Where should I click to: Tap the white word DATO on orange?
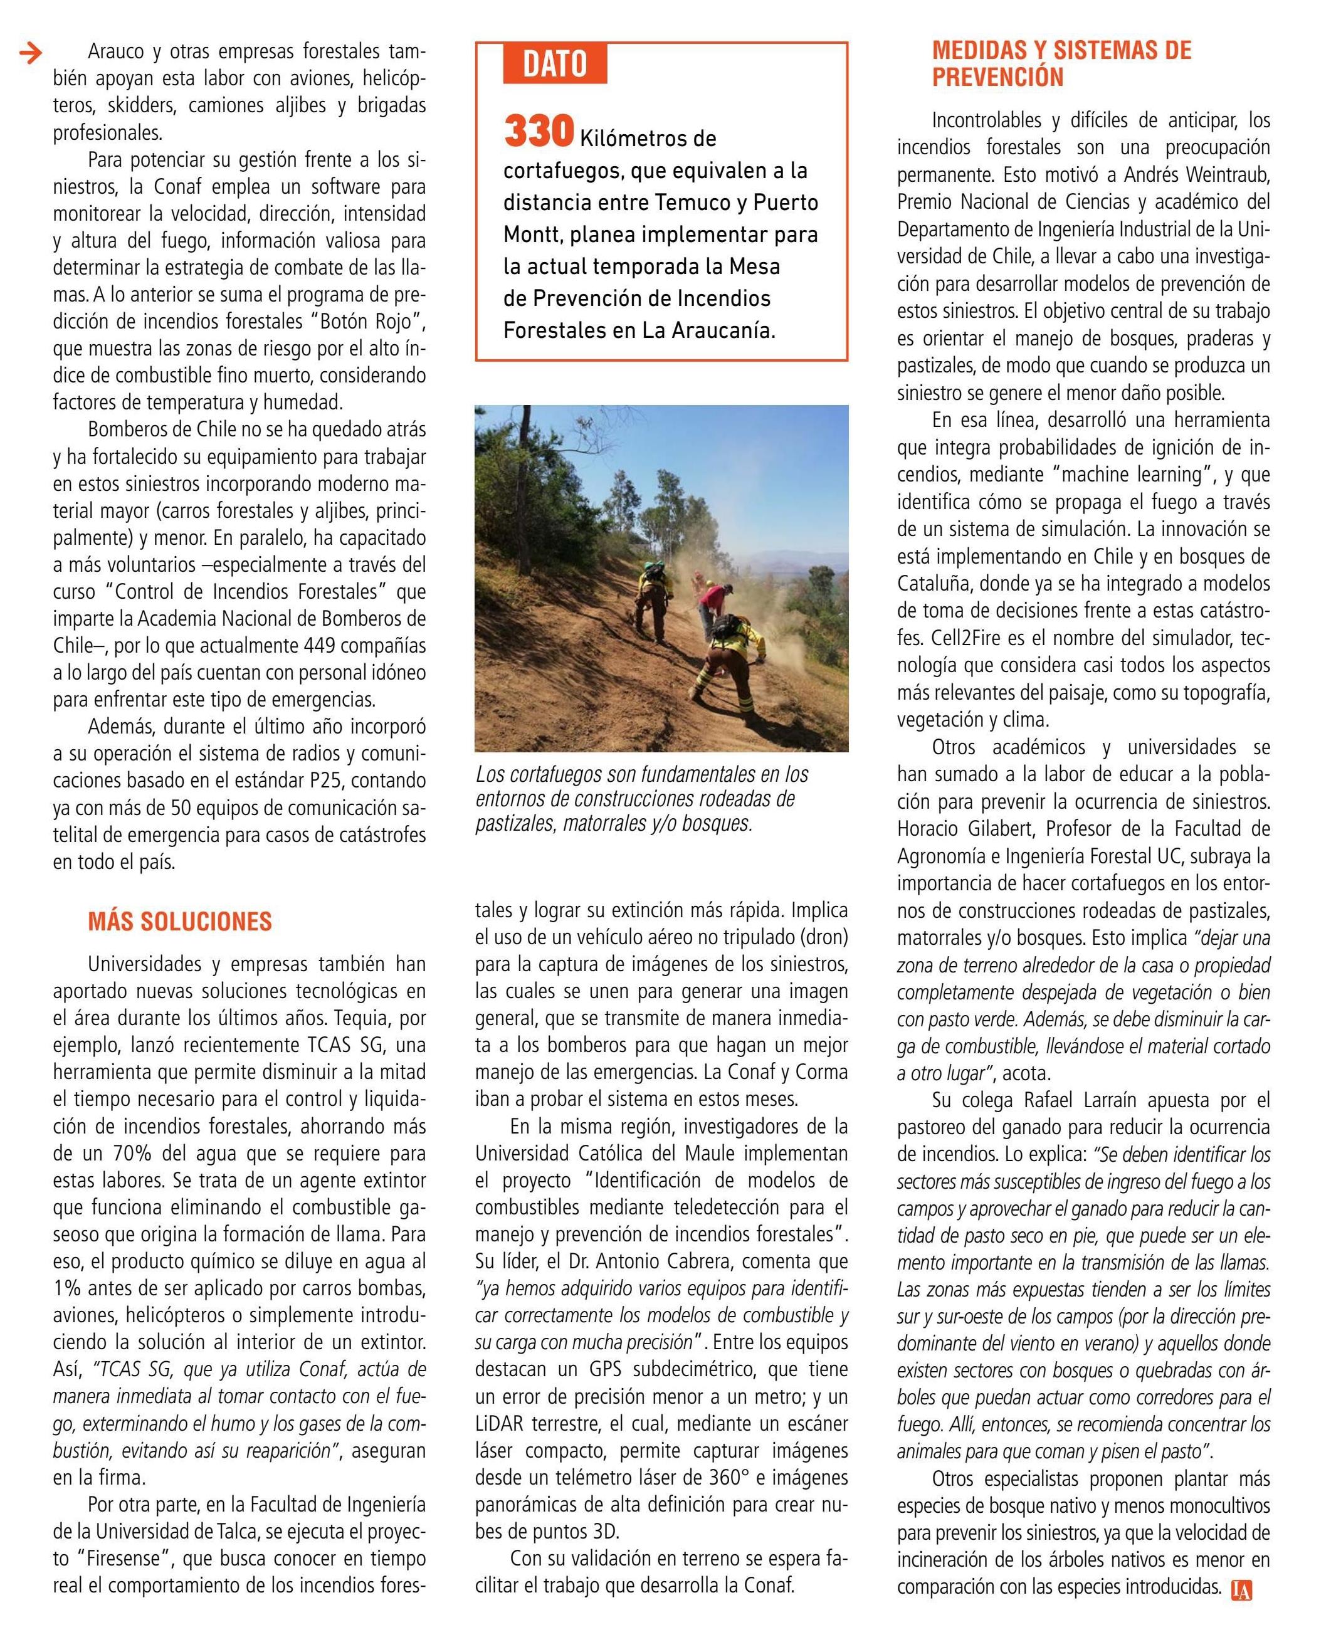click(x=554, y=65)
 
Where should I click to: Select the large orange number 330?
click(x=539, y=132)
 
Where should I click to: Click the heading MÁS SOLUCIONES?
click(x=179, y=921)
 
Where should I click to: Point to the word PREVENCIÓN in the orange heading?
click(x=997, y=77)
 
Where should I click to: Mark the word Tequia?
click(x=366, y=1018)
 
